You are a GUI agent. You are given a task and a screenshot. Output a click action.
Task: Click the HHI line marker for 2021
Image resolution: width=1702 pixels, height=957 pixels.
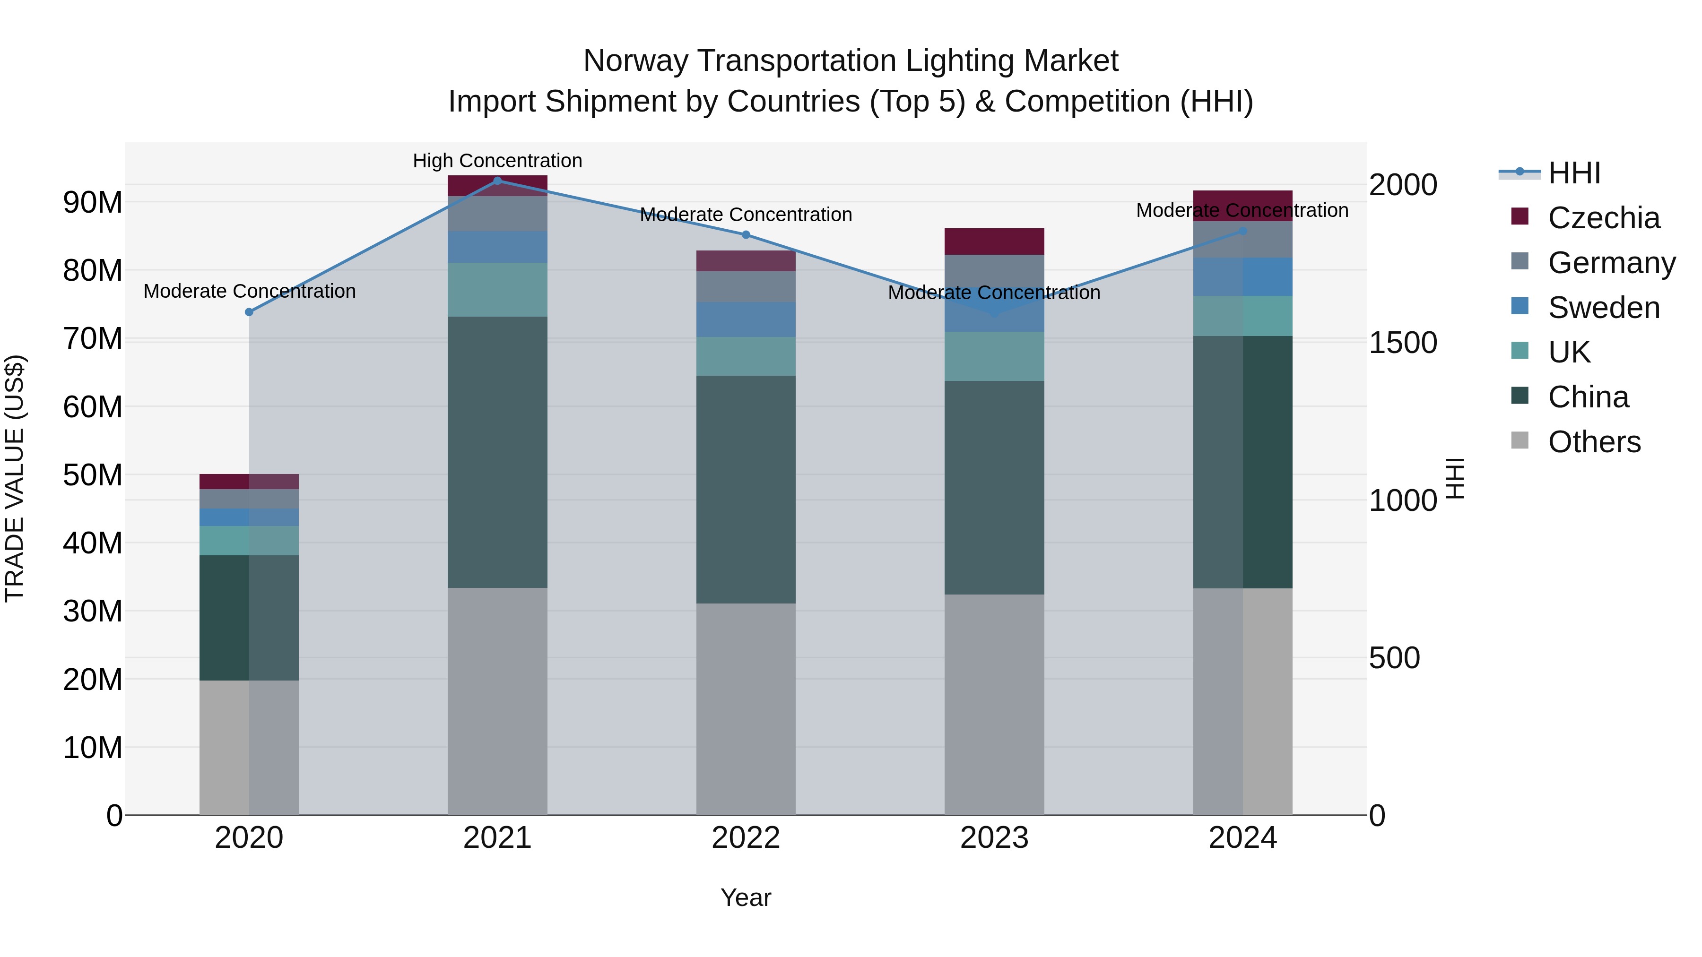(497, 181)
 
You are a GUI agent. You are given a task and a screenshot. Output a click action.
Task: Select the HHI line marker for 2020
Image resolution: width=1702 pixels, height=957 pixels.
(249, 312)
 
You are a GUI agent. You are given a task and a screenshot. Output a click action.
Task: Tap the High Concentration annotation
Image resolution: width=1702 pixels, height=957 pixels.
(497, 161)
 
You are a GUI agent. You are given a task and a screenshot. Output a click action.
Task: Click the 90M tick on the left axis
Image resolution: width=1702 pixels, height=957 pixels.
(93, 203)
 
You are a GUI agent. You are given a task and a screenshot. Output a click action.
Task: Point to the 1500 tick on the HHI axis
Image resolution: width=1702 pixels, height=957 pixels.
(1402, 343)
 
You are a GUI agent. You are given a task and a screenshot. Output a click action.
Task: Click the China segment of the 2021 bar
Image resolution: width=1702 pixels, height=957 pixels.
(497, 452)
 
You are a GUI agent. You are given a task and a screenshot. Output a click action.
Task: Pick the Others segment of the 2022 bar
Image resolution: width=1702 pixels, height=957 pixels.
(746, 709)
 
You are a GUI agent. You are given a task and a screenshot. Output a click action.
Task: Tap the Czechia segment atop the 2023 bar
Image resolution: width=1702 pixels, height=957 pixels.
(994, 241)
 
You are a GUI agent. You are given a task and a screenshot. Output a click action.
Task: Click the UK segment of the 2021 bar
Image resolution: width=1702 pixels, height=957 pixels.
(497, 290)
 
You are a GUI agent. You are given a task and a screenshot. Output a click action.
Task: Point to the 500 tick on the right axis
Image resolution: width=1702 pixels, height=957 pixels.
(1394, 658)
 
